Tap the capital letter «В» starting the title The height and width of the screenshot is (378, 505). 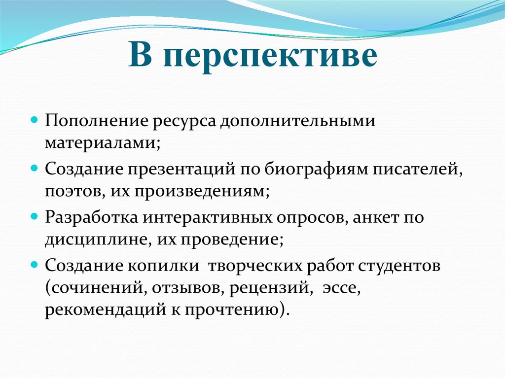pyautogui.click(x=140, y=56)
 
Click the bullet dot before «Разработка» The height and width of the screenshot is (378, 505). pyautogui.click(x=35, y=216)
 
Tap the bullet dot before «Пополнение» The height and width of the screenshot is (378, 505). pyautogui.click(x=35, y=121)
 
